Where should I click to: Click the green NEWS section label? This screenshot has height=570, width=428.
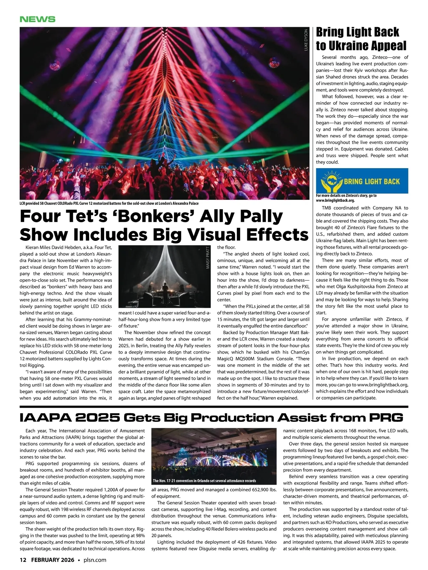37,19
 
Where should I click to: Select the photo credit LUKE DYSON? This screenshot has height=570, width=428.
306,40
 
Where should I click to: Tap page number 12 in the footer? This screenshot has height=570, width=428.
23,560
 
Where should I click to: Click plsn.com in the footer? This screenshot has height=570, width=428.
95,560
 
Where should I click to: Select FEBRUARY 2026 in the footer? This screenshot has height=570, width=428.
53,560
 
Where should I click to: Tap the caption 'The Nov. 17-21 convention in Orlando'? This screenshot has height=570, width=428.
204,481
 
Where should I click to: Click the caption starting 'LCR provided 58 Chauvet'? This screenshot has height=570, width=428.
109,203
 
